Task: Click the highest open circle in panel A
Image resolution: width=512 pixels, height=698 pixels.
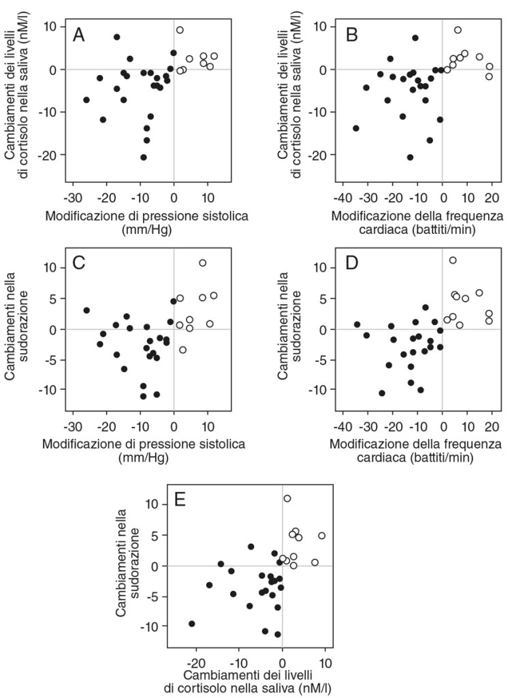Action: [x=180, y=30]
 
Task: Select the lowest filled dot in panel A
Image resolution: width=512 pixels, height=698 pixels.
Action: [x=144, y=157]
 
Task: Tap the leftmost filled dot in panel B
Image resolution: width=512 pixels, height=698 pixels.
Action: [x=355, y=128]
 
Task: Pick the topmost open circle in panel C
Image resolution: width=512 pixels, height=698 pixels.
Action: [x=202, y=263]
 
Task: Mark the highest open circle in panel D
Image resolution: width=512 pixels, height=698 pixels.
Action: [x=453, y=260]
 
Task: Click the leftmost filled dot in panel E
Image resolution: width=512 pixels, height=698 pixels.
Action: [x=192, y=624]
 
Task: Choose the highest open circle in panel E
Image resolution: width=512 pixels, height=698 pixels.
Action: [x=287, y=498]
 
